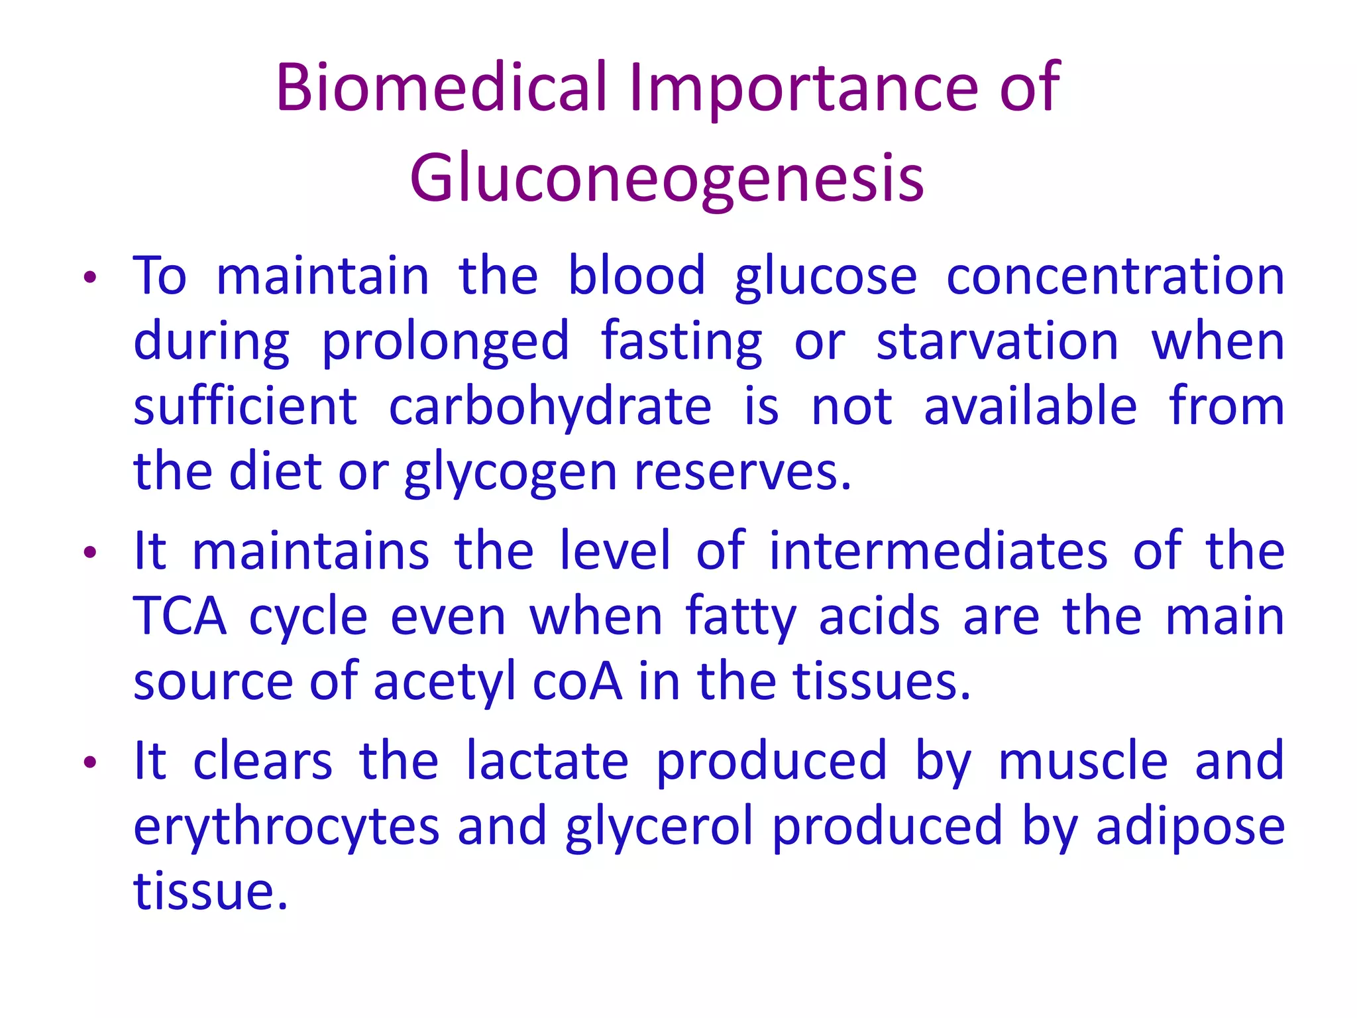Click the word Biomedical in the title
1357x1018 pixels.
point(441,87)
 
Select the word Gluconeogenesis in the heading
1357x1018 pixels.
point(667,178)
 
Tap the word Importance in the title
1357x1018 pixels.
point(803,87)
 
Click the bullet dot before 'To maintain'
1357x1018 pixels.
point(90,278)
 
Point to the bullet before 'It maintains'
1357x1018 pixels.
point(90,552)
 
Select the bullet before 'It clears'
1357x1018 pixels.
point(90,763)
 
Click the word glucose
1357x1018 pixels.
point(826,277)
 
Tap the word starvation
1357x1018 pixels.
point(997,342)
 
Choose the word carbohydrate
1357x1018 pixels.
point(550,407)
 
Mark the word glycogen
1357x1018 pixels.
point(510,473)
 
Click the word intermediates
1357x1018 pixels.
point(938,551)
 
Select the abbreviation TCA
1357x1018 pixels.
point(180,617)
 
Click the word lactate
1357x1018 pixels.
point(547,762)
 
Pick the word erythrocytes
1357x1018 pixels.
point(286,827)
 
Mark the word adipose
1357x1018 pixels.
point(1190,827)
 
